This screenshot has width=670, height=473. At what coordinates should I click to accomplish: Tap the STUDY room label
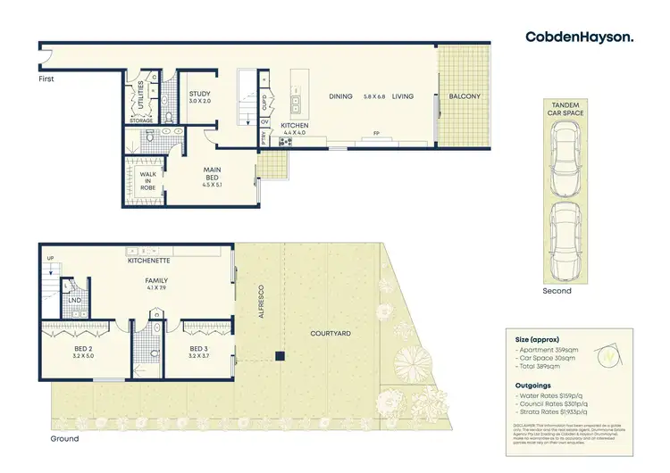coord(199,95)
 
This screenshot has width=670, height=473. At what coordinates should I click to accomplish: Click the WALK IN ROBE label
coord(149,180)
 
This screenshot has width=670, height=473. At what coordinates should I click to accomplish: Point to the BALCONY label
coord(465,96)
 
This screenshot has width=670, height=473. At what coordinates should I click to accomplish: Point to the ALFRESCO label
coord(264,303)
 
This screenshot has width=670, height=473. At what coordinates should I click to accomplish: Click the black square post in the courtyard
coord(280,356)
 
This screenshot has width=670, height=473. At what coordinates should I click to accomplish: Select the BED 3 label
coord(199,351)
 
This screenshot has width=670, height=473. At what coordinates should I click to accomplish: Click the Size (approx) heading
coord(534,340)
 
